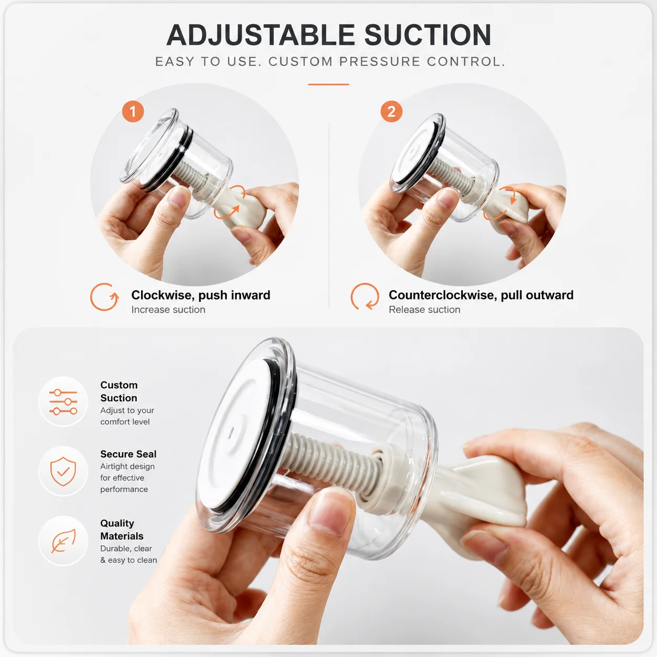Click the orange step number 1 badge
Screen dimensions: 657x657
click(x=133, y=111)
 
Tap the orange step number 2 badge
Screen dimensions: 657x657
click(x=391, y=111)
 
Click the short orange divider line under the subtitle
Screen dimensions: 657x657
click(x=328, y=84)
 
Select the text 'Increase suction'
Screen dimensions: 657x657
click(x=168, y=310)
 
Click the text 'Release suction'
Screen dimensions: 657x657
click(x=424, y=310)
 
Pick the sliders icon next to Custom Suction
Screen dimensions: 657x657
click(x=63, y=402)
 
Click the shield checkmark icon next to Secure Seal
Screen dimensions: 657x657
click(x=63, y=471)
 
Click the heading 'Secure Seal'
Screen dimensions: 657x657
click(x=128, y=454)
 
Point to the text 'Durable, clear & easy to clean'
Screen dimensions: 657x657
click(x=128, y=554)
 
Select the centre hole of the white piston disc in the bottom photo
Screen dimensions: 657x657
click(x=232, y=433)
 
